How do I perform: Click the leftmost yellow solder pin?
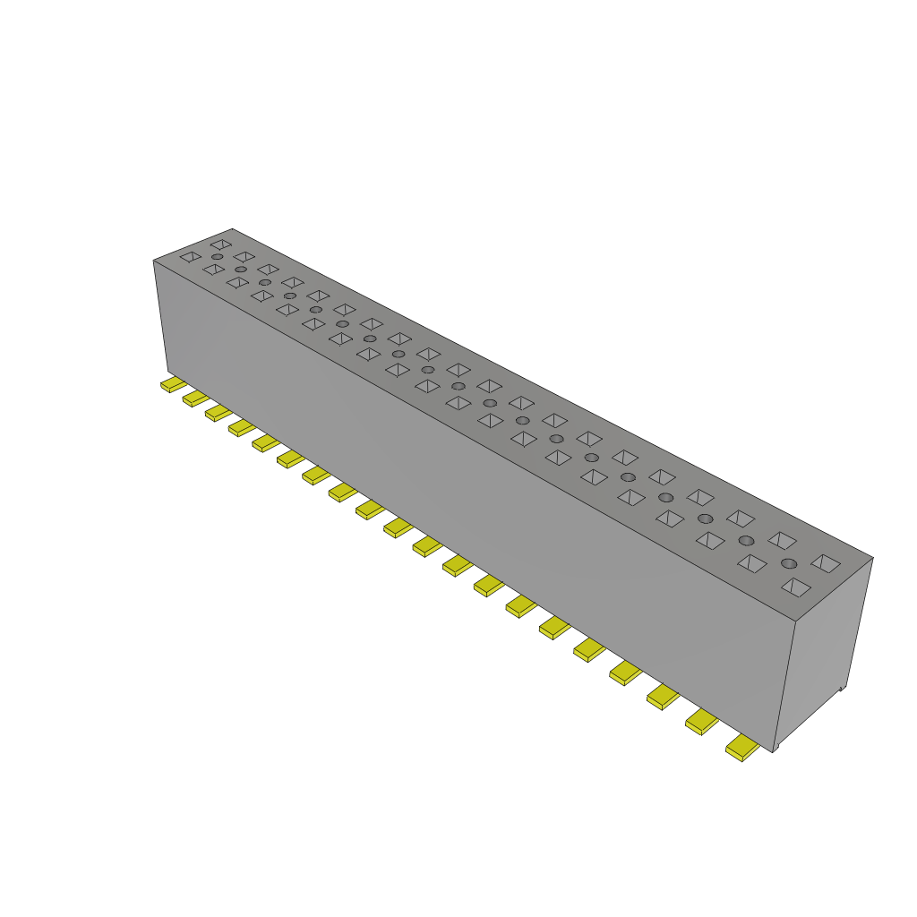(x=172, y=384)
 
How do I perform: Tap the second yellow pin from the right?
(x=702, y=722)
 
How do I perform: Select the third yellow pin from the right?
(x=663, y=697)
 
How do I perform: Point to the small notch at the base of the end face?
(x=841, y=688)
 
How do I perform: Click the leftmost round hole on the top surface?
(x=218, y=257)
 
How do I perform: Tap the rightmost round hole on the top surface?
(x=789, y=563)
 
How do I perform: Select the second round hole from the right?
(x=746, y=540)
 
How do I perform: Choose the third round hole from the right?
(x=706, y=518)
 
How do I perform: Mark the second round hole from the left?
(x=241, y=270)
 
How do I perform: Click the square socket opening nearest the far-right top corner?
(x=826, y=563)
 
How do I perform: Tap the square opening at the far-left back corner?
(x=219, y=244)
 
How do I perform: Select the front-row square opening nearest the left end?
(x=190, y=257)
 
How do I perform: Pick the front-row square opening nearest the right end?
(x=795, y=587)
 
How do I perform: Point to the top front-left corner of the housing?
(x=154, y=261)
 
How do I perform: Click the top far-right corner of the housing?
(x=872, y=557)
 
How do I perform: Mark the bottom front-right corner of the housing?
(x=772, y=751)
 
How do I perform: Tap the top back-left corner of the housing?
(x=232, y=228)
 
